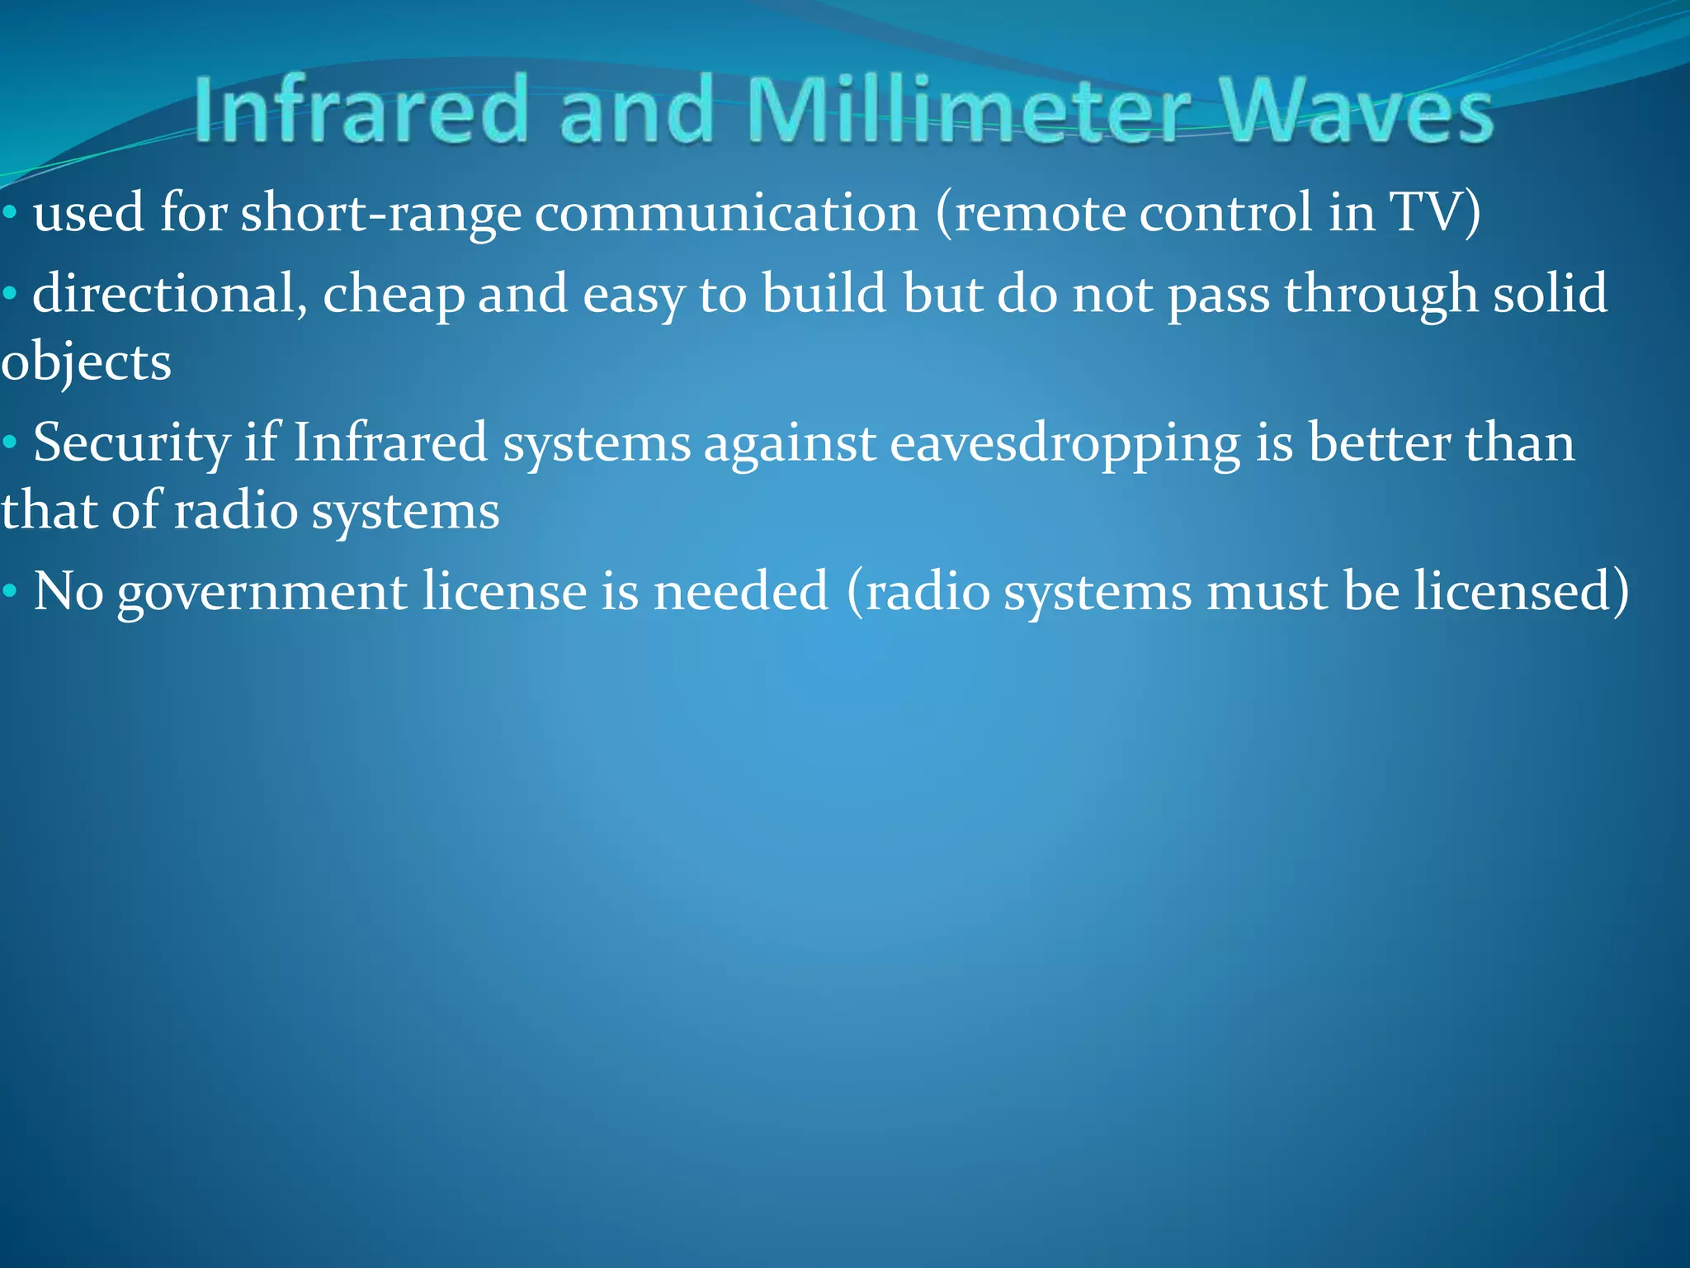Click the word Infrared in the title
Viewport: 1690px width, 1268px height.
(x=361, y=110)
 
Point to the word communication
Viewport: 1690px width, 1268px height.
(x=726, y=213)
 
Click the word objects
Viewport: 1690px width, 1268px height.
(x=86, y=364)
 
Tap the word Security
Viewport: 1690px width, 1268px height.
(x=131, y=444)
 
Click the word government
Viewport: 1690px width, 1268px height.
(x=262, y=594)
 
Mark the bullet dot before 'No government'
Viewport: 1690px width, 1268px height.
(x=10, y=592)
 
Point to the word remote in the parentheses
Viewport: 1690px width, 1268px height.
(x=1040, y=213)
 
